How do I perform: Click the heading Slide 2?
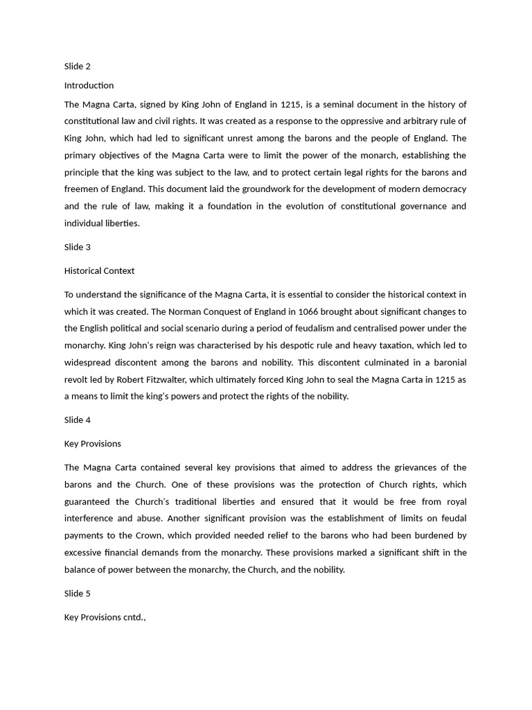(x=78, y=67)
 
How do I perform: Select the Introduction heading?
(x=89, y=85)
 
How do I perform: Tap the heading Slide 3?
(x=78, y=247)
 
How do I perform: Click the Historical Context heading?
(x=99, y=270)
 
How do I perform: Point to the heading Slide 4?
(x=78, y=420)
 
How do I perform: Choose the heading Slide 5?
(x=78, y=594)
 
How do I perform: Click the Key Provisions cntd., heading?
(x=105, y=617)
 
